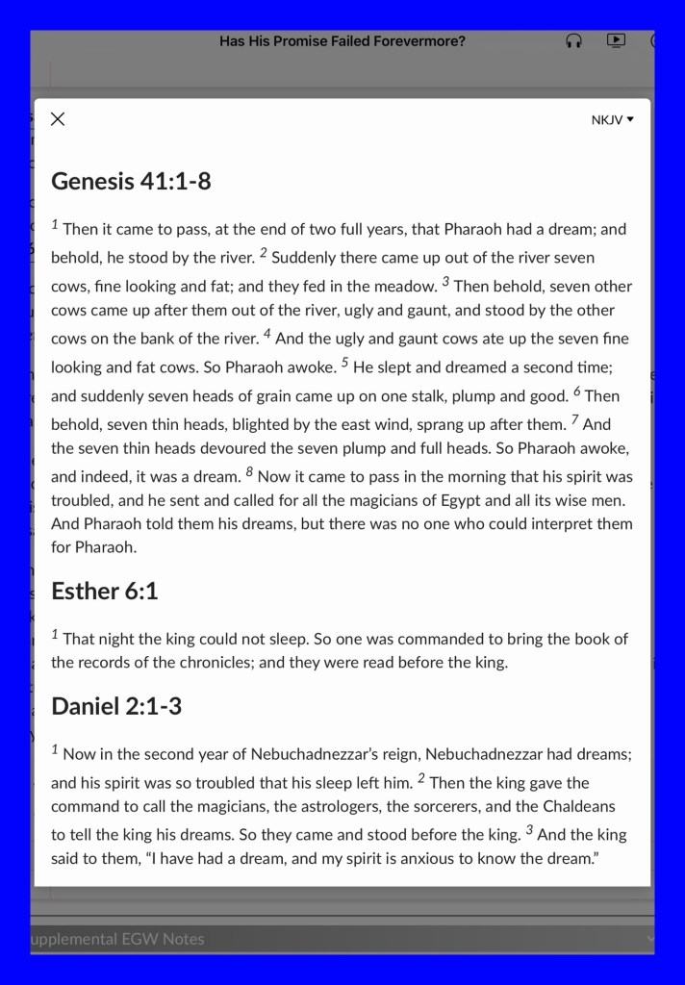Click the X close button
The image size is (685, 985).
pyautogui.click(x=58, y=119)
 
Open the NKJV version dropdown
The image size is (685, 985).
pyautogui.click(x=613, y=120)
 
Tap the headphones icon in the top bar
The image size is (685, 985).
pyautogui.click(x=574, y=41)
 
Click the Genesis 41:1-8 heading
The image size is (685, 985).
pyautogui.click(x=131, y=181)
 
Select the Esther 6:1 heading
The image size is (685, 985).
pyautogui.click(x=104, y=591)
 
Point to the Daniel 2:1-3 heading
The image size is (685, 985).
pyautogui.click(x=116, y=706)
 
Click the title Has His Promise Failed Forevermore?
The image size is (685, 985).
pyautogui.click(x=342, y=41)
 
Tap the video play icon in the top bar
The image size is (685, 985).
pyautogui.click(x=617, y=40)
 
